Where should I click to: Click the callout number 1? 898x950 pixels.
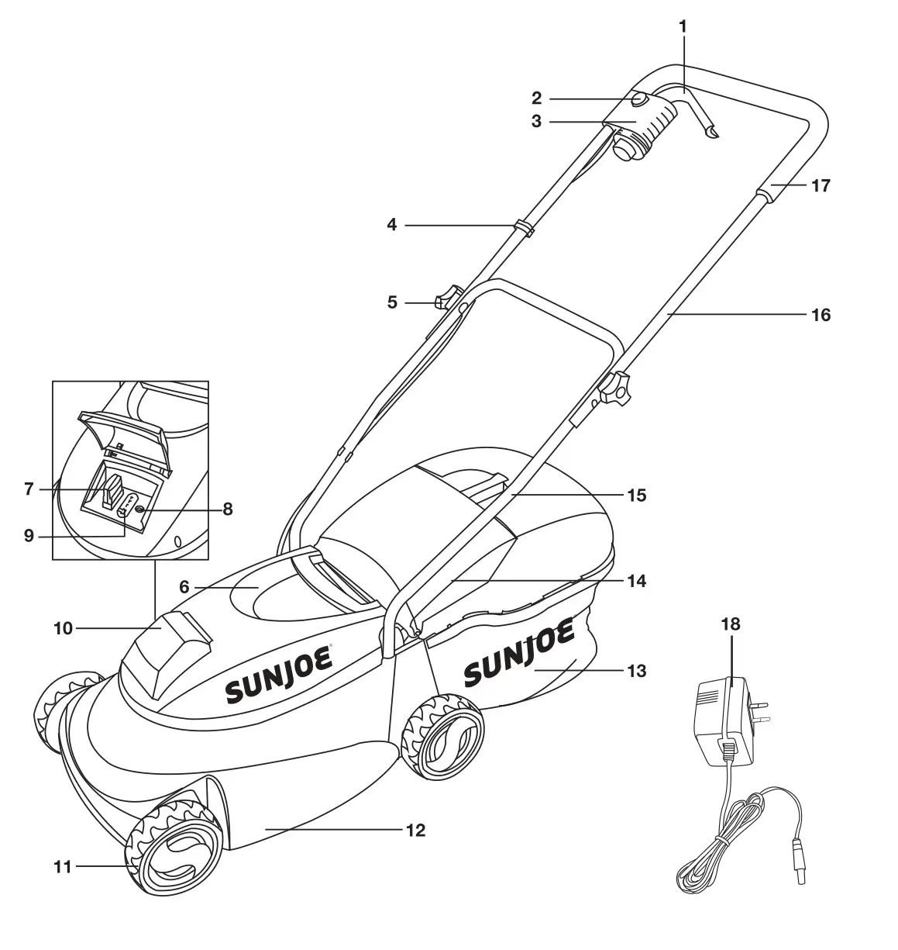(683, 26)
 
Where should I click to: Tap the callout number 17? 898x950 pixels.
(820, 186)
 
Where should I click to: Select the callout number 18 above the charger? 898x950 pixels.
(730, 624)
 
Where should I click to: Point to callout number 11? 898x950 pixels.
(63, 867)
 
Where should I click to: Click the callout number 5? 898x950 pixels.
(392, 302)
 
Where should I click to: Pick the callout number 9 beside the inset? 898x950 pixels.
(29, 536)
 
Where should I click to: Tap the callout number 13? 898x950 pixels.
(636, 670)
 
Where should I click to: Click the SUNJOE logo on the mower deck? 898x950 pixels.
(280, 673)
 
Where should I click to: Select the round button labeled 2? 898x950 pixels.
(639, 100)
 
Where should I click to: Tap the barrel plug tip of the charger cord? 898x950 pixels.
(799, 872)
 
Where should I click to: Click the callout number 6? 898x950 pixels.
(184, 587)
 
